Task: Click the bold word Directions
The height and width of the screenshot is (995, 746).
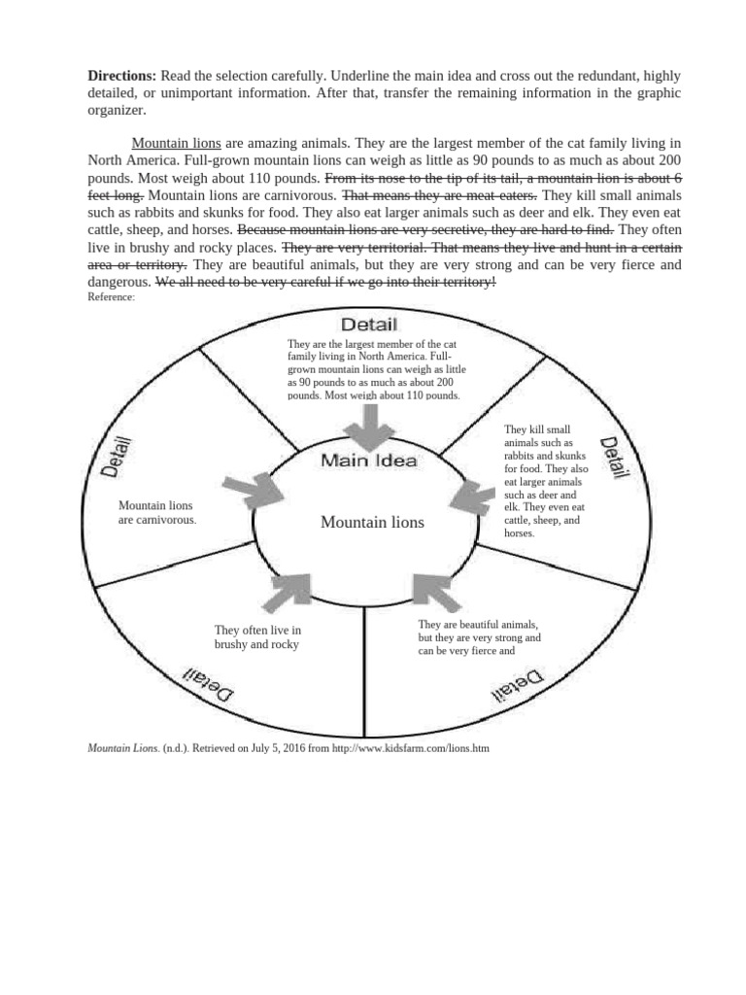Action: click(122, 76)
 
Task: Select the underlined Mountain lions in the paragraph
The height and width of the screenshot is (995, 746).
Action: click(176, 142)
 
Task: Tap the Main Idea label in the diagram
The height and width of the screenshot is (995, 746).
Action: click(369, 461)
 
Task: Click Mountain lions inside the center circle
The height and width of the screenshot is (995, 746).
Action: click(372, 523)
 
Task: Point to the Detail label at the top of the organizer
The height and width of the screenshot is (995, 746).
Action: click(367, 324)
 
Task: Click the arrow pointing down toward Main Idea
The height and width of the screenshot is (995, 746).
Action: click(368, 424)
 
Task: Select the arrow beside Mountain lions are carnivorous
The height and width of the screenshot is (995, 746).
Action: click(250, 490)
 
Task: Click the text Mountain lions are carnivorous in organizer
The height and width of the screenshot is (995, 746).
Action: click(157, 512)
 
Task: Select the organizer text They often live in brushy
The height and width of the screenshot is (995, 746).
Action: click(257, 637)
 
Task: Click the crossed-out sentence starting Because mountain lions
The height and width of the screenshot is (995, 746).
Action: click(425, 229)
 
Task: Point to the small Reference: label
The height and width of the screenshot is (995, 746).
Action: click(111, 297)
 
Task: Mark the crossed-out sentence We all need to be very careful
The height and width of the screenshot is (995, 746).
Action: click(325, 282)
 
